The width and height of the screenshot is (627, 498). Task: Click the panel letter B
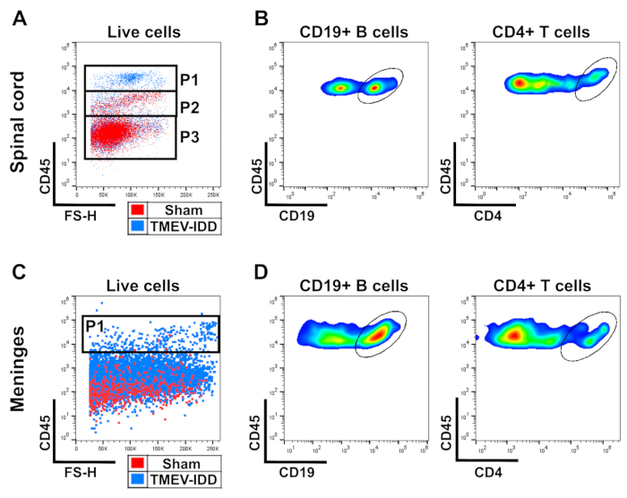tap(261, 18)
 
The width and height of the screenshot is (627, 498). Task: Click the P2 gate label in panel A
tap(190, 107)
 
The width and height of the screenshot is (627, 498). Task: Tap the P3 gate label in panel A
tap(190, 137)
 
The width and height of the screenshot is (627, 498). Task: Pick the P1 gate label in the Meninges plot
tap(96, 327)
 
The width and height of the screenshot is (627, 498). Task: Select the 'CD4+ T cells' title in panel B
tap(541, 33)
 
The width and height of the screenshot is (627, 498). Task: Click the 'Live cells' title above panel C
tap(143, 286)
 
